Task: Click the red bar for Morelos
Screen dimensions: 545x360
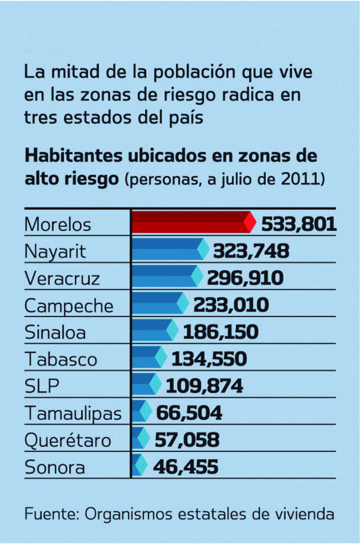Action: tap(191, 223)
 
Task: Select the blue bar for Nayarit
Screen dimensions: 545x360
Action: tap(167, 250)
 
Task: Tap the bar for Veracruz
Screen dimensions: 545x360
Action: tap(164, 277)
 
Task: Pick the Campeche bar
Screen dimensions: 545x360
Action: tap(157, 304)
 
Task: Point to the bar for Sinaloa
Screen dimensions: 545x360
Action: tap(152, 331)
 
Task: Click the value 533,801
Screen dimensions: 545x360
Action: tap(299, 224)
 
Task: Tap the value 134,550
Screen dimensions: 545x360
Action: tap(209, 359)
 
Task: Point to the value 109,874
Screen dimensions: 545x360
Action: tap(204, 385)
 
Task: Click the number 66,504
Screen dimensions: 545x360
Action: tap(189, 413)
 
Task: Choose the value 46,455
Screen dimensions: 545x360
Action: tap(186, 466)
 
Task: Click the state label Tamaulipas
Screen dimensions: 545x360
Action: tap(73, 414)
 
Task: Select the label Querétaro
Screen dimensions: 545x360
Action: tap(68, 441)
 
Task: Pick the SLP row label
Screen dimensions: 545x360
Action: tap(42, 386)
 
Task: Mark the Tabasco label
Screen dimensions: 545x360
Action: tap(60, 359)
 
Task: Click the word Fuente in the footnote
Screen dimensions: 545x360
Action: tap(51, 514)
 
